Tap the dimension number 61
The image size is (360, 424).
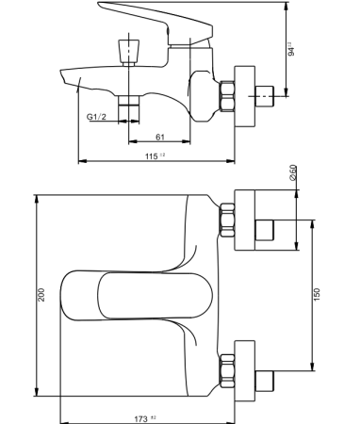click(x=163, y=138)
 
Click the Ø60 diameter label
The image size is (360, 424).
click(x=294, y=174)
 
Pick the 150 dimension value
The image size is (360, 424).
click(x=318, y=294)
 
